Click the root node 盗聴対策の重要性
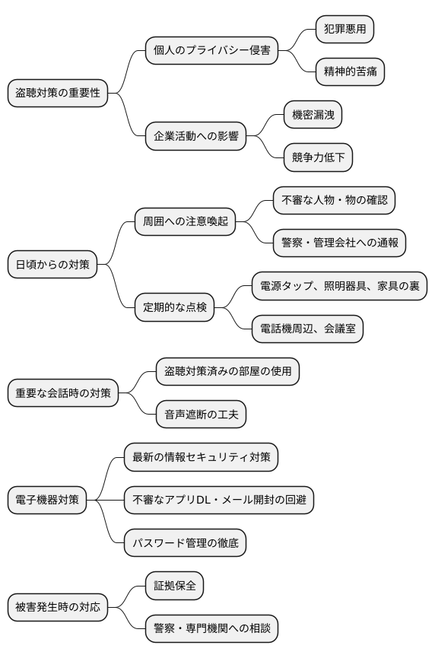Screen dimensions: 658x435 pyautogui.click(x=58, y=93)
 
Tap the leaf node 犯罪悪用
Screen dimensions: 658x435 pyautogui.click(x=345, y=29)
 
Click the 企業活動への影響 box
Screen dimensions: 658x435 pyautogui.click(x=196, y=136)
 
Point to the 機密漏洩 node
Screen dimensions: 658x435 pyautogui.click(x=313, y=115)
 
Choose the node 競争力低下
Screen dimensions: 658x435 pyautogui.click(x=318, y=157)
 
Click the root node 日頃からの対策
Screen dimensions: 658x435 pyautogui.click(x=52, y=265)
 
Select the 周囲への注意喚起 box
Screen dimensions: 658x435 pyautogui.click(x=185, y=222)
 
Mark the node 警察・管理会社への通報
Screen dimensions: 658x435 pyautogui.click(x=339, y=243)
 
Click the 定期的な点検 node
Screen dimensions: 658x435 pyautogui.click(x=175, y=308)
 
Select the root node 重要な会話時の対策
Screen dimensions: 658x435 pyautogui.click(x=63, y=393)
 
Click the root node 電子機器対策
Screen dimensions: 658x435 pyautogui.click(x=47, y=501)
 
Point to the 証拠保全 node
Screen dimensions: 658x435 pyautogui.click(x=175, y=586)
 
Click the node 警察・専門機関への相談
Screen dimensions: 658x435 pyautogui.click(x=211, y=628)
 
